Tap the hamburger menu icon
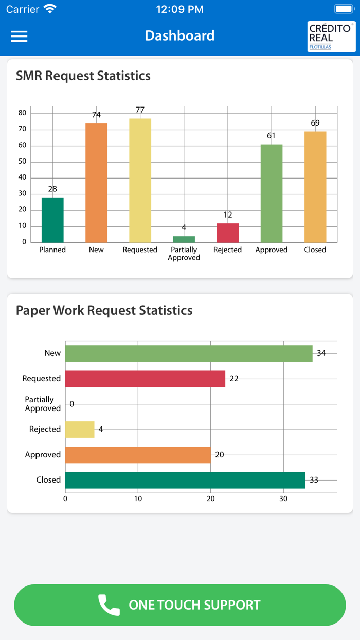(20, 36)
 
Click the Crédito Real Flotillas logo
(331, 36)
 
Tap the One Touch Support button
(180, 605)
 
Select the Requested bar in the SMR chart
(140, 180)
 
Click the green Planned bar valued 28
(52, 220)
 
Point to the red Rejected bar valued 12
(228, 233)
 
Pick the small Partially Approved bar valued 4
(184, 239)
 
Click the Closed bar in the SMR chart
(315, 187)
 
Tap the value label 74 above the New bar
(96, 115)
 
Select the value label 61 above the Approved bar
(271, 136)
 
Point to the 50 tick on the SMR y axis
(22, 162)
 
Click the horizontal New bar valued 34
(188, 353)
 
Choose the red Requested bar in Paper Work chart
(145, 379)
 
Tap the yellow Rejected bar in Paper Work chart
(80, 429)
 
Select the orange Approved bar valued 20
(138, 455)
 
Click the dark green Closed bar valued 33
(185, 480)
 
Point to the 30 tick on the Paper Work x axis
(283, 499)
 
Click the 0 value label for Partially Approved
(71, 404)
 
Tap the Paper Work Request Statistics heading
(104, 310)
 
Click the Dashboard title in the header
(179, 35)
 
